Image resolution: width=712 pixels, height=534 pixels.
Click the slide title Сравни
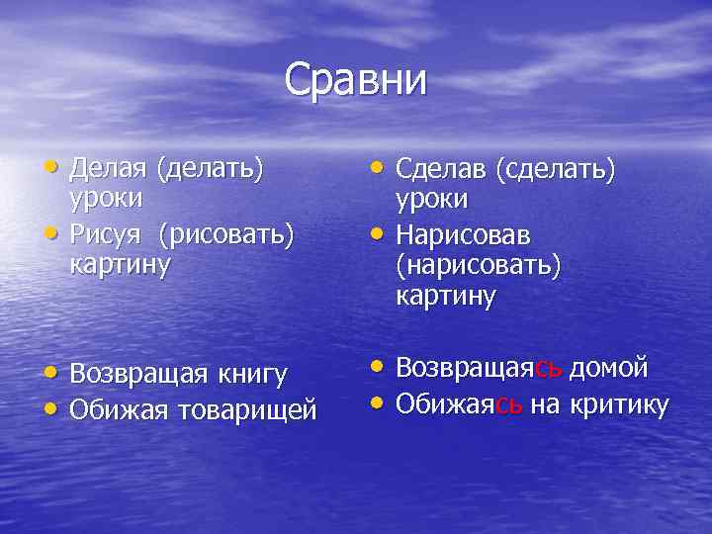click(356, 80)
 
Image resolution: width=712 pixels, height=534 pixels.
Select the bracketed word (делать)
click(210, 170)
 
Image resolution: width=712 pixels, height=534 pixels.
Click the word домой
click(610, 368)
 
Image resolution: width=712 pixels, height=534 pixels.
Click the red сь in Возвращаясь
click(549, 368)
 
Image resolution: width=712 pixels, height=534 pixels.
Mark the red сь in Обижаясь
click(509, 403)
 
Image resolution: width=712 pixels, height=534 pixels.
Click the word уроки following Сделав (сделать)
click(432, 198)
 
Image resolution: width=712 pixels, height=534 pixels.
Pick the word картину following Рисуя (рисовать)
click(120, 265)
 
